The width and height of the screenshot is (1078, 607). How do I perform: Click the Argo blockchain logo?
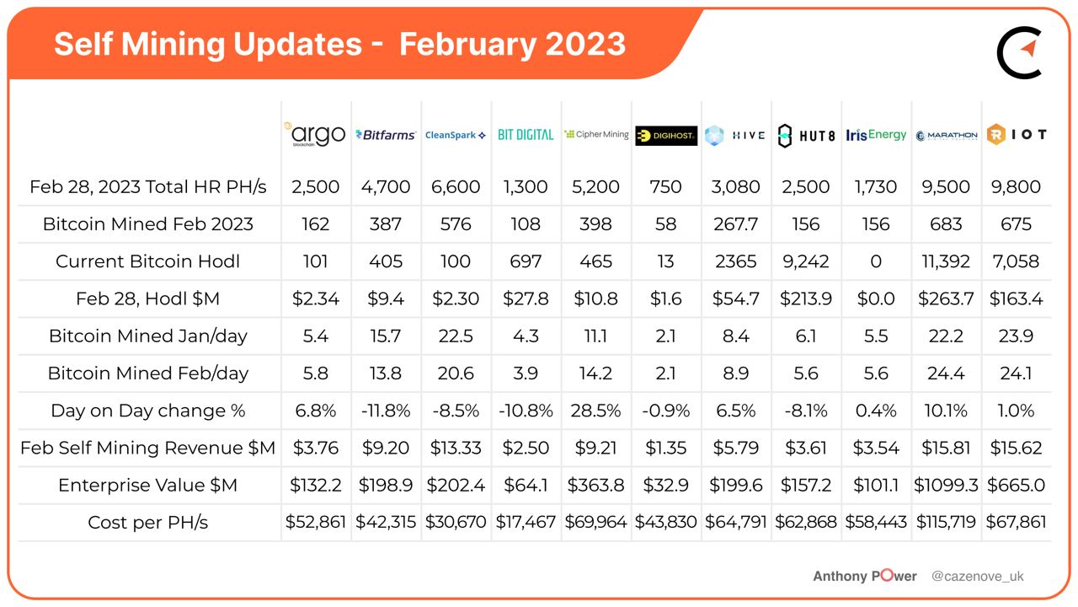click(315, 134)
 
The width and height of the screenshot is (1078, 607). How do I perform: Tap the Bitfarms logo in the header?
click(386, 135)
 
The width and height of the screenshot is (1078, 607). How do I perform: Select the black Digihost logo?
click(666, 136)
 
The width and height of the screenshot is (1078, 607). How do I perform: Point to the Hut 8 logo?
click(806, 136)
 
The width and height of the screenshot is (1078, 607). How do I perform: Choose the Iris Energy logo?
click(876, 135)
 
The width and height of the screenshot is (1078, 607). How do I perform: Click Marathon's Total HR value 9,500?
click(946, 186)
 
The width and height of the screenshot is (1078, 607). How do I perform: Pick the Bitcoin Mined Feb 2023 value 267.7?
click(736, 224)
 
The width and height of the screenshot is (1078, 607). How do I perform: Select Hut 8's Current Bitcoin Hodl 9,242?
click(806, 261)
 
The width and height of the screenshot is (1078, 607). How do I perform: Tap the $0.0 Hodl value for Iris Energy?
click(876, 298)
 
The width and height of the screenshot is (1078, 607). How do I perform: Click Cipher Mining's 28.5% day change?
click(595, 411)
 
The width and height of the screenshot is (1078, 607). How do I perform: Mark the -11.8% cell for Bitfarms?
click(386, 411)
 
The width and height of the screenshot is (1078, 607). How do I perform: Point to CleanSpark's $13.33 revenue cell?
click(456, 448)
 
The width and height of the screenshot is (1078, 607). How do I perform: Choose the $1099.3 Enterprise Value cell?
click(946, 485)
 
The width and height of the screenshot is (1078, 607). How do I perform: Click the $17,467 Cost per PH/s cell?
click(526, 522)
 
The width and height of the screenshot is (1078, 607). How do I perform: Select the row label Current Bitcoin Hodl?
click(147, 261)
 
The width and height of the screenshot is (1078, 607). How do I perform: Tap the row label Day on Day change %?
click(147, 411)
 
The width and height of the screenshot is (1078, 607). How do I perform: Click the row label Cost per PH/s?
click(147, 522)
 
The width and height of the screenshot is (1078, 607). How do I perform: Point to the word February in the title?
click(467, 45)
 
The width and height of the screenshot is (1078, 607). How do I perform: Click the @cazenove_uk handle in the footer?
click(978, 576)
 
